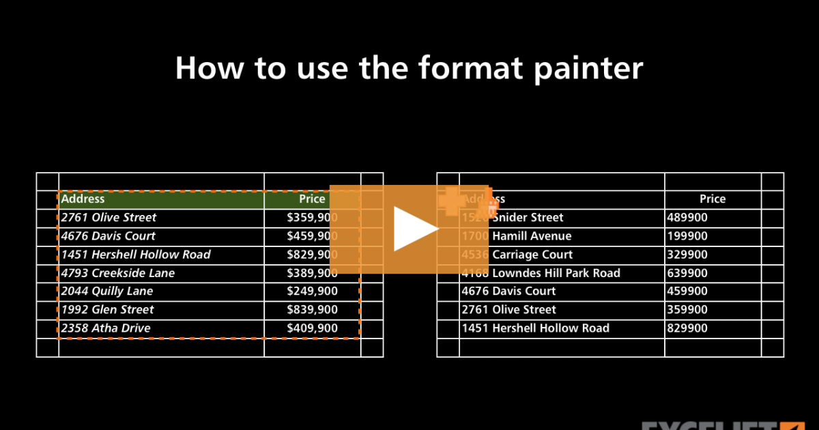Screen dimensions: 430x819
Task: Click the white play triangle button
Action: point(414,229)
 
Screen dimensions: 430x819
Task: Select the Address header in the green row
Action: point(83,199)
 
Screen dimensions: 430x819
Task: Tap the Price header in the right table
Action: point(712,199)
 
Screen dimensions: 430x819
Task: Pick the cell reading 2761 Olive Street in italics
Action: point(109,218)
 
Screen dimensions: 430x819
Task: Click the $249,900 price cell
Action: point(312,291)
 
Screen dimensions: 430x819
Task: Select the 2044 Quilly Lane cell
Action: point(107,291)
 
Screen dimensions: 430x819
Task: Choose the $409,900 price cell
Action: point(312,328)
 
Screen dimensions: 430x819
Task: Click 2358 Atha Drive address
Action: point(106,328)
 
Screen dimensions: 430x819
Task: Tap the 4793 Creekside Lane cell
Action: point(118,273)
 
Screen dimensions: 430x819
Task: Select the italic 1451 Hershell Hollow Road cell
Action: point(136,255)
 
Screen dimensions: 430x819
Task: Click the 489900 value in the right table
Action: point(687,218)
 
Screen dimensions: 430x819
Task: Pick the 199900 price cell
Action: point(687,236)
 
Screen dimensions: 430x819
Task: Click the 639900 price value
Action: point(687,273)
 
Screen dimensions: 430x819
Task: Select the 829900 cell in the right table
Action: point(687,328)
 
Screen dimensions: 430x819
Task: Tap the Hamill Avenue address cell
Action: point(532,236)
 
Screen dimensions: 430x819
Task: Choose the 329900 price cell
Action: point(687,255)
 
